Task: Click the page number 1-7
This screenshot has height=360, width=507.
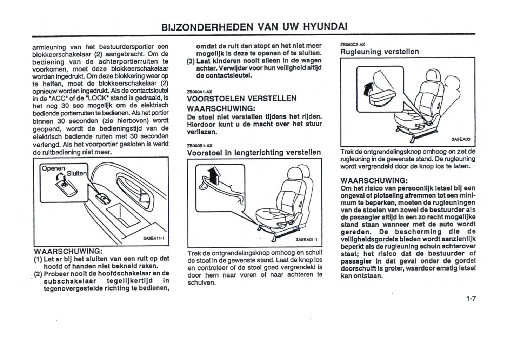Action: (471, 299)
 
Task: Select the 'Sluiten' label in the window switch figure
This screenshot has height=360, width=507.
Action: (76, 173)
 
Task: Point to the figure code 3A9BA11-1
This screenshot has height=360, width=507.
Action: (151, 238)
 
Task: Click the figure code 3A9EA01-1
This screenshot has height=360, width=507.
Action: (306, 240)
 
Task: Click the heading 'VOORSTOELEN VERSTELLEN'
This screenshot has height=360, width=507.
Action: (242, 98)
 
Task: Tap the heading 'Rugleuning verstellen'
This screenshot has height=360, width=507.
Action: (380, 52)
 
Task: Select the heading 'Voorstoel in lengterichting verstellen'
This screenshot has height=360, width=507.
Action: (254, 153)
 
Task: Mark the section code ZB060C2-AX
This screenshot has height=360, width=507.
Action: (353, 45)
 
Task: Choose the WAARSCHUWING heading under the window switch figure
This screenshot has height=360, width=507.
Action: (68, 252)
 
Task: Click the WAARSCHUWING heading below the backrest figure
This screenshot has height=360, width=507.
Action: (374, 181)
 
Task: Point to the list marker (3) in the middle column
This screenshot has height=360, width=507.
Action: (191, 61)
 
